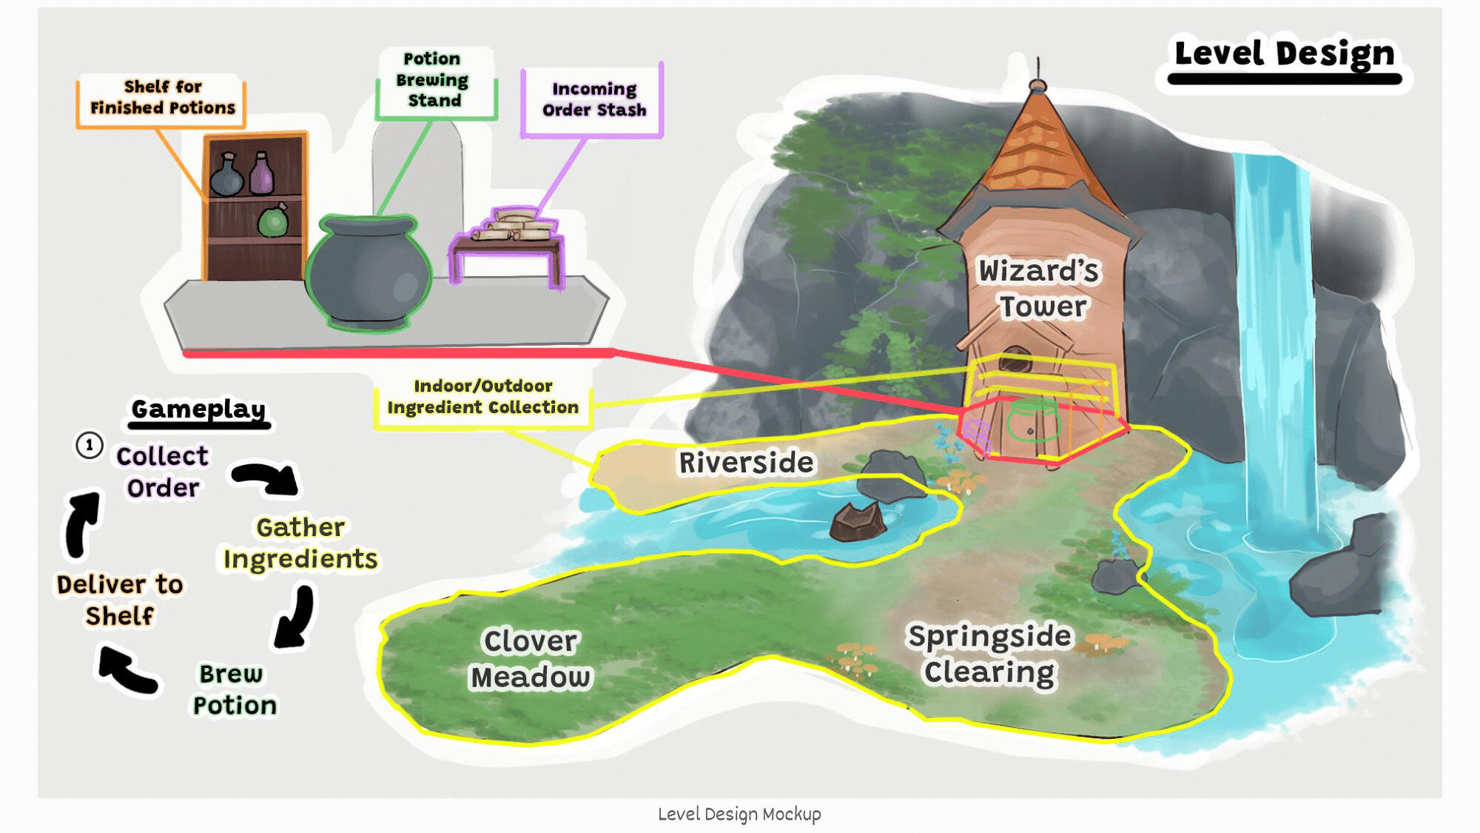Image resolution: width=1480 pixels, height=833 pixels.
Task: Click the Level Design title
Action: [1284, 53]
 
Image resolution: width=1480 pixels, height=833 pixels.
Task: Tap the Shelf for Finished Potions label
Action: [162, 98]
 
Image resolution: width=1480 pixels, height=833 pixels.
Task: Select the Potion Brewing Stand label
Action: [434, 80]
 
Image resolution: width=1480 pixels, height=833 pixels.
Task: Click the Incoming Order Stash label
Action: [593, 99]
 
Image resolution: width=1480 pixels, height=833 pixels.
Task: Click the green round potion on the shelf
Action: [273, 221]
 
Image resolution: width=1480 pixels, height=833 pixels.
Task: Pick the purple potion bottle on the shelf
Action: [261, 175]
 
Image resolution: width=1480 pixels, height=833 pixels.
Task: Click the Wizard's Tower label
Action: [1040, 289]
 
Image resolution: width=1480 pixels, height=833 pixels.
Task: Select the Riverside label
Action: [746, 463]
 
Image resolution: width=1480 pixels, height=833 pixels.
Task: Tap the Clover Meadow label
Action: [531, 659]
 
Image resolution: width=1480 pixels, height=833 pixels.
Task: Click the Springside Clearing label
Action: [989, 654]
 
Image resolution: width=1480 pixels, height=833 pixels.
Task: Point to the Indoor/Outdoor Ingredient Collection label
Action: [482, 397]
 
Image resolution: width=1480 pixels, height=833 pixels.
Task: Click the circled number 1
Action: [90, 446]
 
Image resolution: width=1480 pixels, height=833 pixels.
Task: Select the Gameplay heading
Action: [198, 409]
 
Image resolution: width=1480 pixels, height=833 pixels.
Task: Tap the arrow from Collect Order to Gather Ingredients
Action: [266, 478]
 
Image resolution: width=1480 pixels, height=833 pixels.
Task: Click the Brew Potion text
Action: [234, 689]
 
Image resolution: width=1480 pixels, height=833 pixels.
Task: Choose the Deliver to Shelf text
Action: [120, 600]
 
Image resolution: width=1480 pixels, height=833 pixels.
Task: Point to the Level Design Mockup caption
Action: [739, 814]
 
